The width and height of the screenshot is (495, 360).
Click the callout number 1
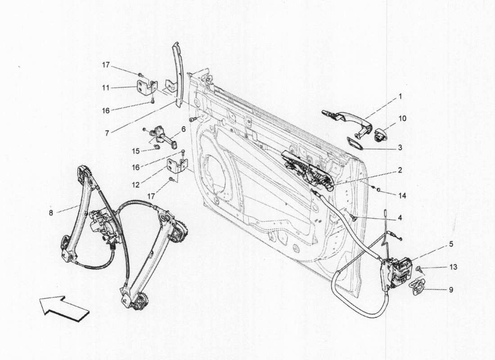400,96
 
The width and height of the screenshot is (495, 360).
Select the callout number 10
402,118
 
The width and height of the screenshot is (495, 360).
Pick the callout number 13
453,267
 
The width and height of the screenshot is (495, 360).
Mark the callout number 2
400,171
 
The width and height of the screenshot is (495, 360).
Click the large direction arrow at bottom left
64,307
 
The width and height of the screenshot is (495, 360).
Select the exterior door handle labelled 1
346,118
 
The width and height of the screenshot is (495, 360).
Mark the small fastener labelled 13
419,269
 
